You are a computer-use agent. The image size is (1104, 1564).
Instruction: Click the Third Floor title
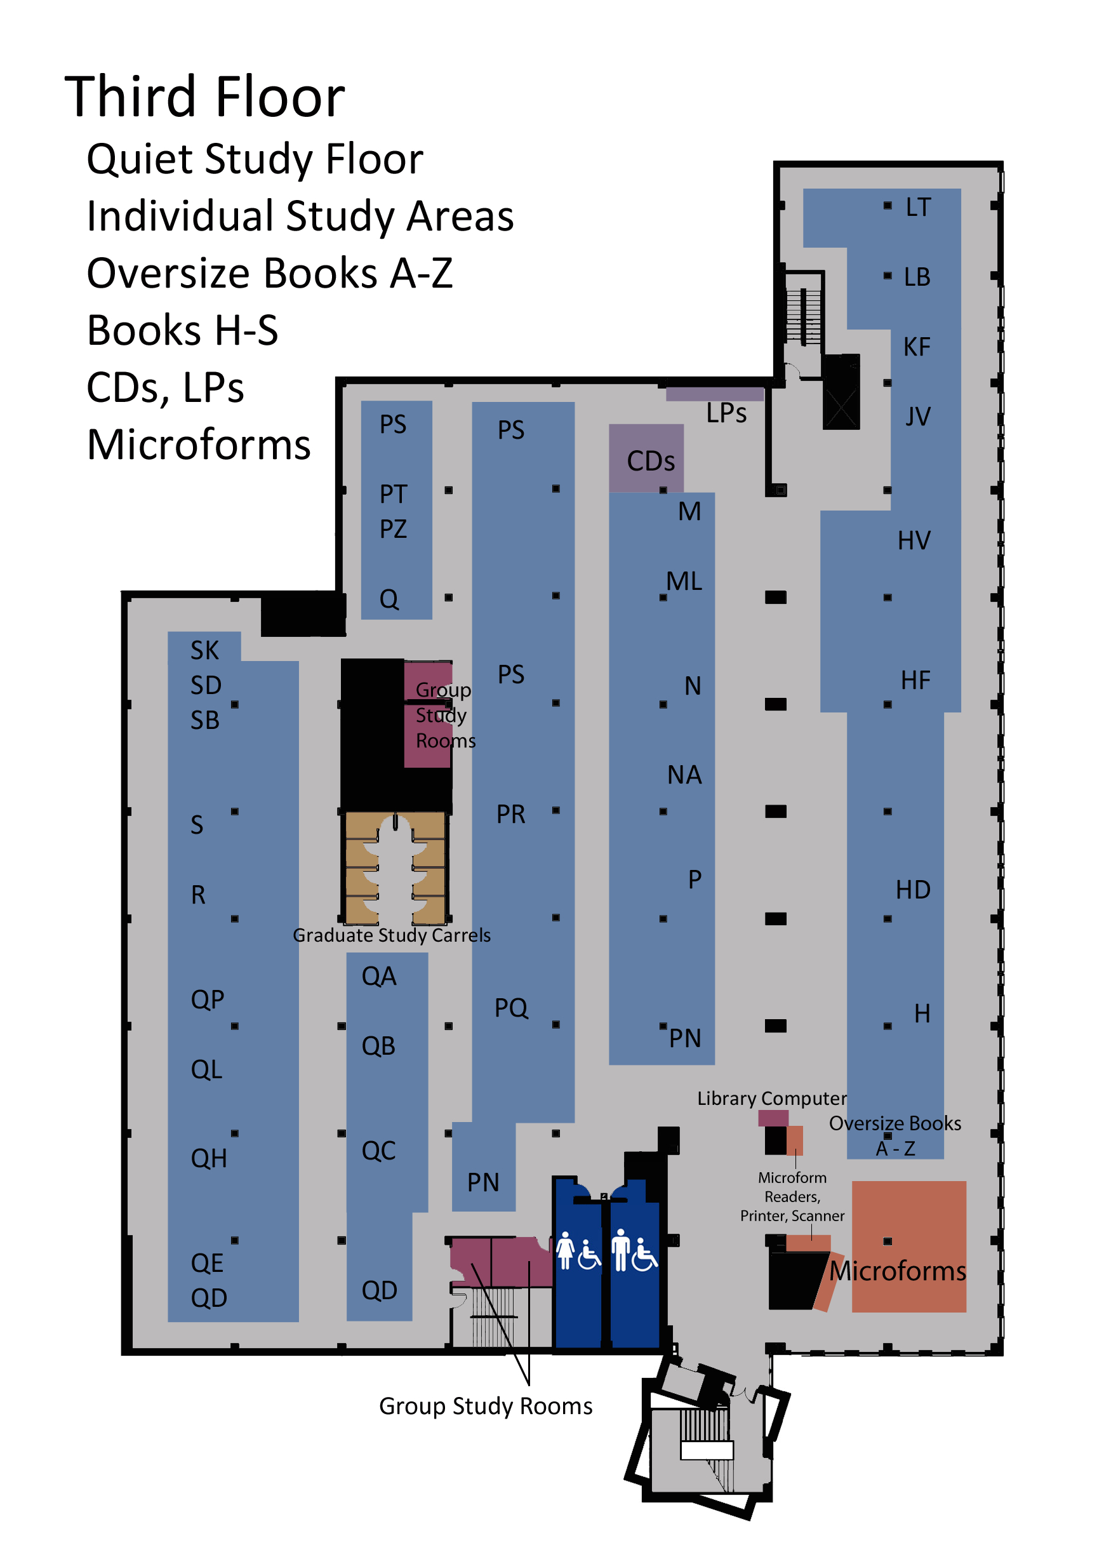(204, 97)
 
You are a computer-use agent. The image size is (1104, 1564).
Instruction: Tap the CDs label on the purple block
(651, 461)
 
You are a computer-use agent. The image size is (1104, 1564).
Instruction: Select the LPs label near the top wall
(726, 413)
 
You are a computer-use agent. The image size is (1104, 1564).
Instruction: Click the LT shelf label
(917, 207)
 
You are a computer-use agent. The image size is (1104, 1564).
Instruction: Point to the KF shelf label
(916, 347)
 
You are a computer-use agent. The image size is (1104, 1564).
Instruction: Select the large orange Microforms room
(908, 1247)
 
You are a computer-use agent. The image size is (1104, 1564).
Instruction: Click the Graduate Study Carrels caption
(392, 935)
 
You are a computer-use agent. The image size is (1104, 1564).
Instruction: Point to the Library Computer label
(771, 1098)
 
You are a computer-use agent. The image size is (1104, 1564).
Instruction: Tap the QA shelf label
(378, 976)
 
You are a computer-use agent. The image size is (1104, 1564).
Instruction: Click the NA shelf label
(684, 775)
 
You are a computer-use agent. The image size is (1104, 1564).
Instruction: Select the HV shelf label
(914, 540)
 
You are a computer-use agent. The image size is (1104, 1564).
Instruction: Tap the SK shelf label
(204, 650)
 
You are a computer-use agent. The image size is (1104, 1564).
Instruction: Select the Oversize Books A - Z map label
(895, 1135)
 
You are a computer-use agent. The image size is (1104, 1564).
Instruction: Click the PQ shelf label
(511, 1008)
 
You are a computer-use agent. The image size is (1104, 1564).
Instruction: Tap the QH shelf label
(208, 1158)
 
